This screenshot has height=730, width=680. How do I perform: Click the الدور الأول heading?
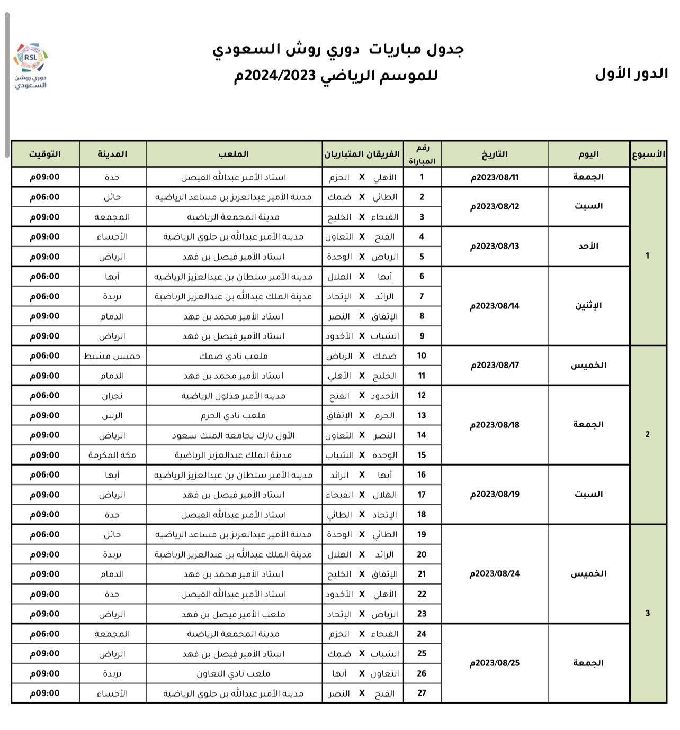[631, 74]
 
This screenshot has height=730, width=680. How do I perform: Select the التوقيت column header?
[45, 154]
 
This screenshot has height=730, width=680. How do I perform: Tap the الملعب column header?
[234, 154]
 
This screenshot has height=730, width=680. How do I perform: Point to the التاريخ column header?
[495, 154]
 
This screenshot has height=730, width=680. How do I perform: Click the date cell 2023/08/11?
[495, 177]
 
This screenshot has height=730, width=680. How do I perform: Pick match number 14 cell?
[422, 435]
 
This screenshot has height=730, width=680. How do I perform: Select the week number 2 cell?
[647, 435]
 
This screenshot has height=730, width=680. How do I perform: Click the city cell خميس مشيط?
[112, 356]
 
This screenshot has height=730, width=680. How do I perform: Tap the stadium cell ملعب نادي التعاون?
[234, 673]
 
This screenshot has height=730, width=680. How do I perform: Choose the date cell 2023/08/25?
[495, 663]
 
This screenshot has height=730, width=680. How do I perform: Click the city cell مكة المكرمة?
[112, 455]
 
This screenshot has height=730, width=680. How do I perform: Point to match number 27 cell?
[422, 693]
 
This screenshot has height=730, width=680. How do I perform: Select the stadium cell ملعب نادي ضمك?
[234, 356]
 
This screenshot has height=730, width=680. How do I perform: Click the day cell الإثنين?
[589, 306]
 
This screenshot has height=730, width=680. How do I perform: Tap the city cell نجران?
[112, 396]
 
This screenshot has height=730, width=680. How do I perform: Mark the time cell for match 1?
[45, 177]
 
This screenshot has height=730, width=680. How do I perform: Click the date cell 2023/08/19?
[495, 495]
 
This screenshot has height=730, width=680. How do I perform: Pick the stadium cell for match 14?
[234, 435]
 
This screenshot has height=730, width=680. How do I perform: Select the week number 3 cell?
[647, 614]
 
